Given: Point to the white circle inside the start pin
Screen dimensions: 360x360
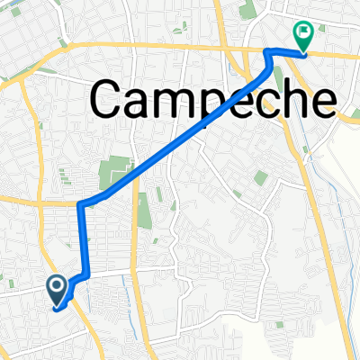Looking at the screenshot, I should pos(56,286).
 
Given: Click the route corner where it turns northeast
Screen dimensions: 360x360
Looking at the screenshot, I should pos(81,205).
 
